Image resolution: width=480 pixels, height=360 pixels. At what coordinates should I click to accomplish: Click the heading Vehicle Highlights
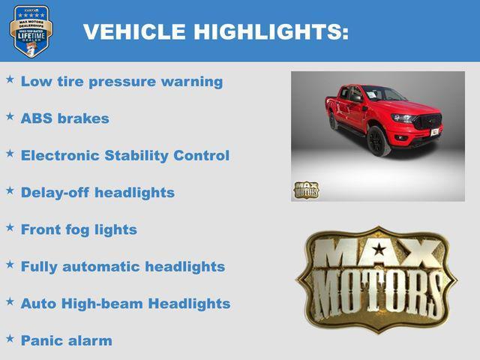point(215,31)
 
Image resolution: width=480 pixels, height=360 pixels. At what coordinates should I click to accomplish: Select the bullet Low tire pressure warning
point(121,82)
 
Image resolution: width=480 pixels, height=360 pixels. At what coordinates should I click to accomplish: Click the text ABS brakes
point(64,118)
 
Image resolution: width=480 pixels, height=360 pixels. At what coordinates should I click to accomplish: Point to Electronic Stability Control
point(124,155)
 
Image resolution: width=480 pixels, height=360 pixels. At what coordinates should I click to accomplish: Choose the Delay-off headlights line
point(97,192)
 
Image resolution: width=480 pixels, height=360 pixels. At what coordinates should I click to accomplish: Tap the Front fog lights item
point(79,229)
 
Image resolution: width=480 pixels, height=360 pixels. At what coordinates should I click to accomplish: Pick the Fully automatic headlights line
point(122,266)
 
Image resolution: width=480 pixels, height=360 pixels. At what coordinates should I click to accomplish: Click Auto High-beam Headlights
point(125,304)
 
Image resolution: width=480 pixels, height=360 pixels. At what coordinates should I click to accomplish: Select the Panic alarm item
point(66,340)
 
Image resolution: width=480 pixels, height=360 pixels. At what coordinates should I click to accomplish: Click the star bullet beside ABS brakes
point(10,116)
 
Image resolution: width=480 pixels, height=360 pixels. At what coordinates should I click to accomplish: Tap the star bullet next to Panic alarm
point(10,338)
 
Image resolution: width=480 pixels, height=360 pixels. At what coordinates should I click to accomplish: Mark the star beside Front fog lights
point(10,227)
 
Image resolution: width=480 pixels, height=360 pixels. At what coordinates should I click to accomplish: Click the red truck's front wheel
point(379,141)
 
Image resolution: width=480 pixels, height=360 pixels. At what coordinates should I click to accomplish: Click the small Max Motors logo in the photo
point(305,190)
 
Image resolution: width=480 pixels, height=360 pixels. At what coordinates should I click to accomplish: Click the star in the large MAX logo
point(379,249)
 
